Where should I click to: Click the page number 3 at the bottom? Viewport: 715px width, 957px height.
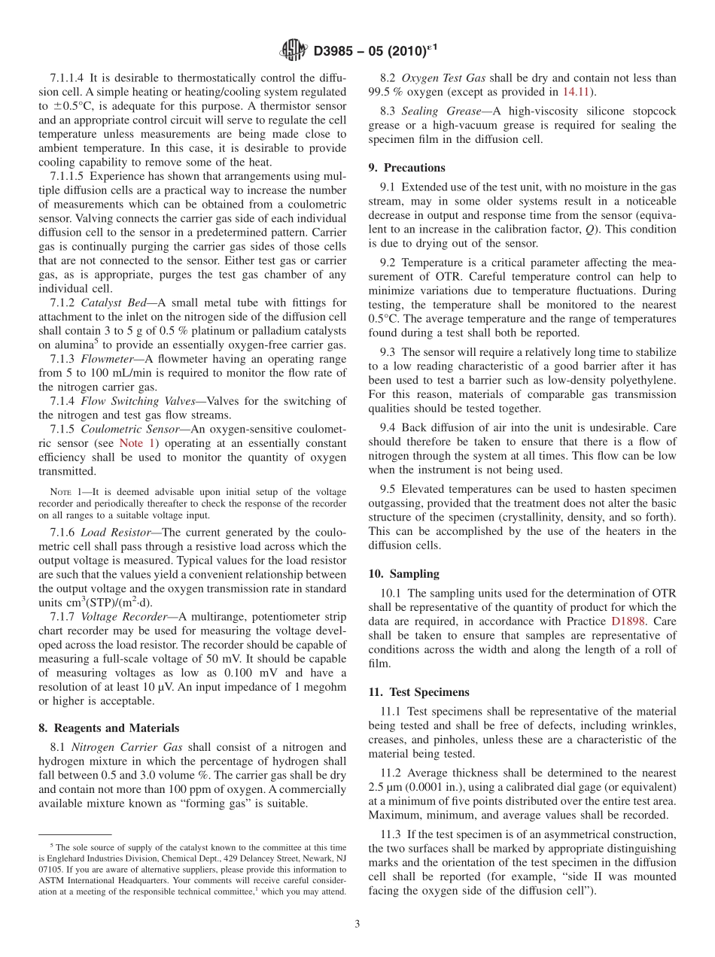click(x=357, y=924)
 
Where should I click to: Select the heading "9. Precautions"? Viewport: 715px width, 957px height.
click(x=406, y=168)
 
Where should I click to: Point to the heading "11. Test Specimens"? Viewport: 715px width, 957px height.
click(x=418, y=692)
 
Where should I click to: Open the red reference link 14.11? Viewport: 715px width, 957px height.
click(x=577, y=92)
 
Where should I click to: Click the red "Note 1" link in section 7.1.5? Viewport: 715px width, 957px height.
click(x=137, y=444)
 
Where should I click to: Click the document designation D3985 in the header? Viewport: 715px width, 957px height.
click(x=336, y=51)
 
